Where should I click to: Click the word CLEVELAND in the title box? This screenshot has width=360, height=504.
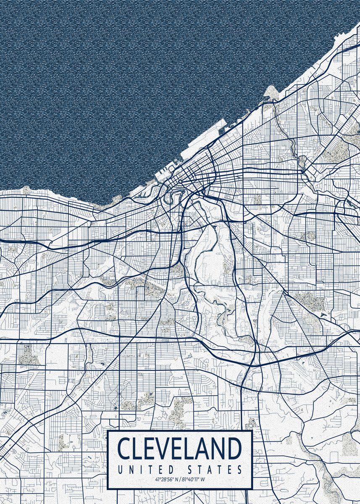tap(180, 449)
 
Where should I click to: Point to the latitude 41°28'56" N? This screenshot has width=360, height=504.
tap(164, 479)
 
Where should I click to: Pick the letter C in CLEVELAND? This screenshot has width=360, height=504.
tap(124, 449)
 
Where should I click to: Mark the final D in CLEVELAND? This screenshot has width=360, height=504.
tap(235, 449)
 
